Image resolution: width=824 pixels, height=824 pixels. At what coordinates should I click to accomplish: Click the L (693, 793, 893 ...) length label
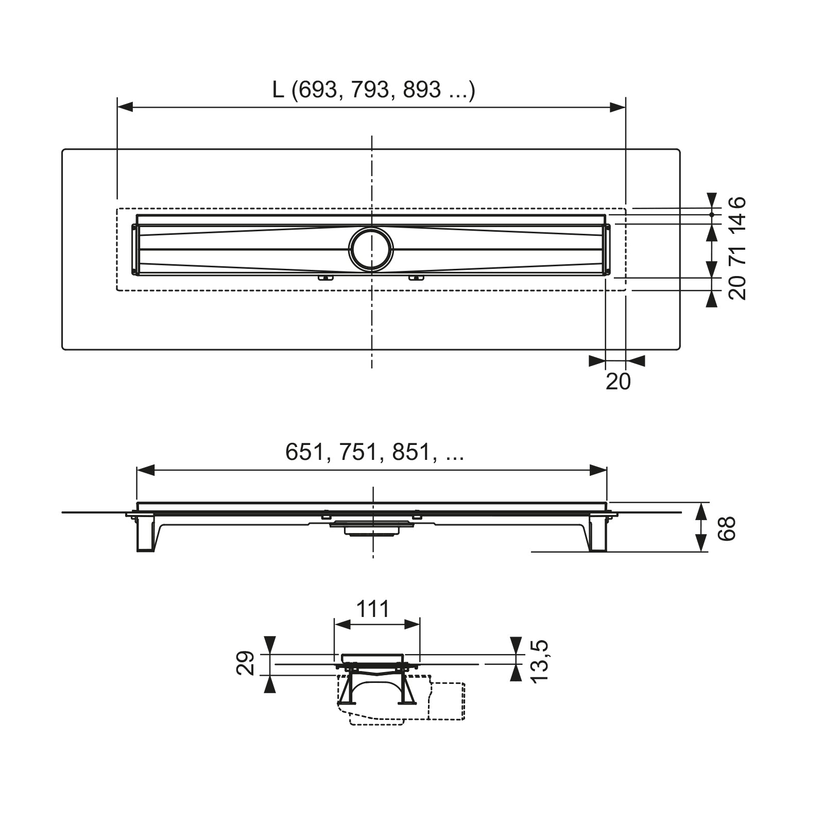coord(374,90)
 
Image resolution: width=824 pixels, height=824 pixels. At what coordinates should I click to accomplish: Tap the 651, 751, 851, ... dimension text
coord(374,452)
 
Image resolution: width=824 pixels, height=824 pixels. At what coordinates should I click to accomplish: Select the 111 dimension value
coord(373,609)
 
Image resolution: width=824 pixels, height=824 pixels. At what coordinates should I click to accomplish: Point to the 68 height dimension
coord(727,528)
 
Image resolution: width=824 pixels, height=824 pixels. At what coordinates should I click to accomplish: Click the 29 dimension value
coord(246,663)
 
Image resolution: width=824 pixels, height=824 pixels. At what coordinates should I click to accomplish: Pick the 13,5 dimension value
coord(540,662)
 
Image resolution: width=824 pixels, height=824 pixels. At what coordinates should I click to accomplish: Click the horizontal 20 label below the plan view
coord(618,382)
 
